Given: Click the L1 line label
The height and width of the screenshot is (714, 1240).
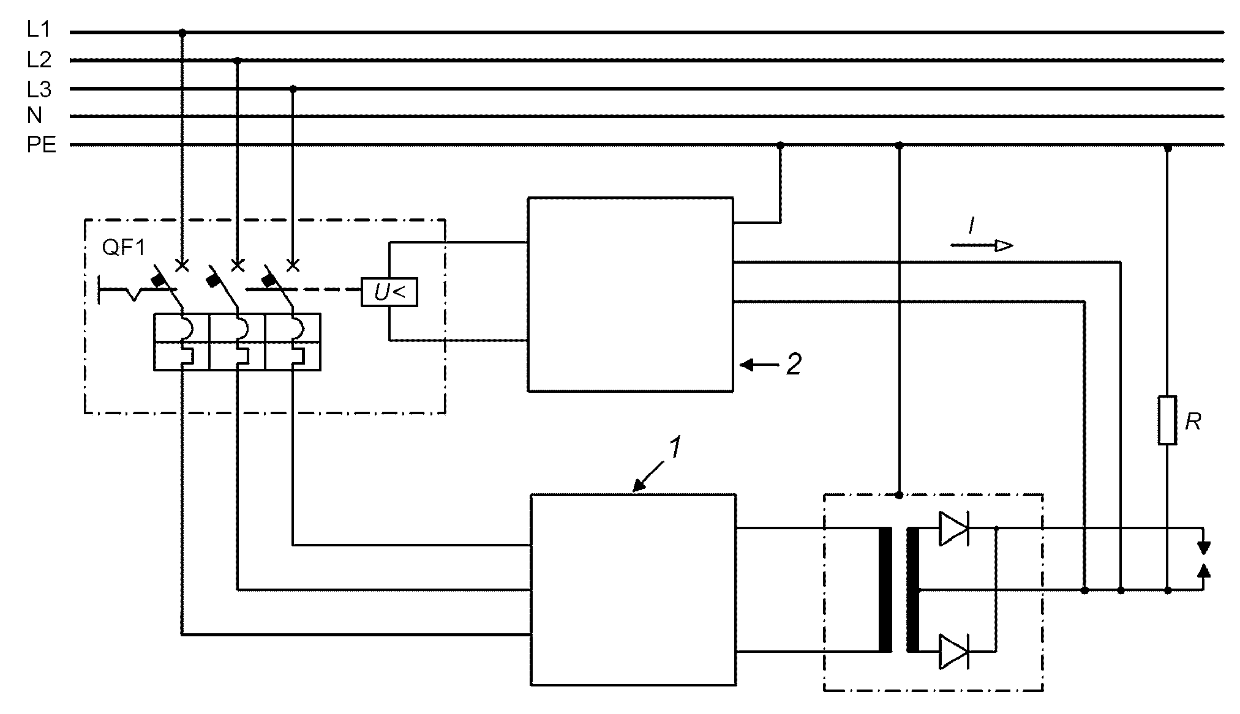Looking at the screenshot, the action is point(39,29).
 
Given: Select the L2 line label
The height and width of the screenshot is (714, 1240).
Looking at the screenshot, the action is point(39,59).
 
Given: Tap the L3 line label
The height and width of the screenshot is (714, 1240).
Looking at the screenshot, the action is point(39,89).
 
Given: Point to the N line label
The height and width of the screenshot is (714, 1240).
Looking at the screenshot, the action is point(34,116).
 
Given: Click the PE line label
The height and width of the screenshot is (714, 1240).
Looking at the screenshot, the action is point(42,146).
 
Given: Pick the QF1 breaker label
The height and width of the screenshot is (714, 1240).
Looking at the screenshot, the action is point(124,249).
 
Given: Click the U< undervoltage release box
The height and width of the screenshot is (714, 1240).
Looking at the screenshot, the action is point(389,292).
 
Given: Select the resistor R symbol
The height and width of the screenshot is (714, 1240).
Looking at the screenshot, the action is point(1167,420).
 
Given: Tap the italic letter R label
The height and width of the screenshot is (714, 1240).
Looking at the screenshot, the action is point(1193,422).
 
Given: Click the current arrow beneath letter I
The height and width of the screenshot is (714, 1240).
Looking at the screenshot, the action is point(982,246).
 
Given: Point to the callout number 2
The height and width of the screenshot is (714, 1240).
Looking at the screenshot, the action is point(793,365).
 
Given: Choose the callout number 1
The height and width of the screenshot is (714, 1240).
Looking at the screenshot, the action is point(674,448).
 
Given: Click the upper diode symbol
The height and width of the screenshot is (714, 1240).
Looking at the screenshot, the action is point(953,528).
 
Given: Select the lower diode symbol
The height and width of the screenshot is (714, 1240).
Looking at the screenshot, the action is point(953,652).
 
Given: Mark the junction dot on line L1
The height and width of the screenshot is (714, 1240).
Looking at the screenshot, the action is point(182,32).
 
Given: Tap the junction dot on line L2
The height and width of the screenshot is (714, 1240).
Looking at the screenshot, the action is point(238,61).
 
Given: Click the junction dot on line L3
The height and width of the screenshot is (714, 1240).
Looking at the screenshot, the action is point(293,89).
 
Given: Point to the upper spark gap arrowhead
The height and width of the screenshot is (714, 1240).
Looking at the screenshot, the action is point(1203,546).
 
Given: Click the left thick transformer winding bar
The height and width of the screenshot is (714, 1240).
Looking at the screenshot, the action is point(885,590).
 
